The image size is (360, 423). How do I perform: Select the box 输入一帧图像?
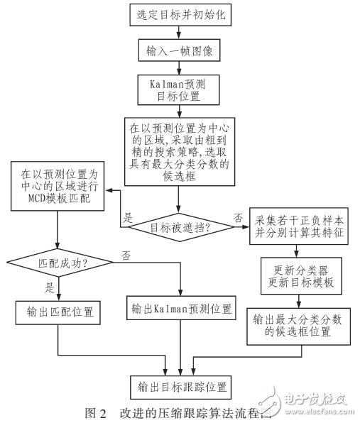click(x=180, y=52)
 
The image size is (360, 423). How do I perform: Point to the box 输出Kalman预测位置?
click(x=180, y=309)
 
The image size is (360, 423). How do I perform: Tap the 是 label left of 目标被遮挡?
click(x=129, y=219)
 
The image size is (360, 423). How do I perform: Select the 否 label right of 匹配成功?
click(x=125, y=253)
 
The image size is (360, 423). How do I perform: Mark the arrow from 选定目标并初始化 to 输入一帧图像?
click(x=180, y=32)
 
